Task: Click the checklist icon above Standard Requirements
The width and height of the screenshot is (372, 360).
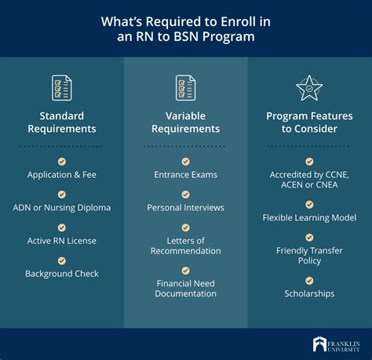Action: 62,87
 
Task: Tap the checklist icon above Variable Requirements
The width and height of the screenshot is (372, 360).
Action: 186,87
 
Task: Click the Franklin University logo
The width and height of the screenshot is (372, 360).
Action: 335,344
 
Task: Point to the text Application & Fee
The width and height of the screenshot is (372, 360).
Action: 62,174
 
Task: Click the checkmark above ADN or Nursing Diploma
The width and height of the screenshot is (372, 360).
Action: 62,194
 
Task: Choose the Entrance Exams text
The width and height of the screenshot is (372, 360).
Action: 186,174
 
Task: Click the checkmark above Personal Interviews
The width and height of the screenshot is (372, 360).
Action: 186,194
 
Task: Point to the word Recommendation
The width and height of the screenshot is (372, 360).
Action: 186,250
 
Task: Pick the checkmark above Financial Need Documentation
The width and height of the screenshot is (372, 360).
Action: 186,270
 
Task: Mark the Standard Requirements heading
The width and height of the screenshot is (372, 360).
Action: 62,122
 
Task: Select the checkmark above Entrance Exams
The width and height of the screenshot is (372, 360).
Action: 186,161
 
